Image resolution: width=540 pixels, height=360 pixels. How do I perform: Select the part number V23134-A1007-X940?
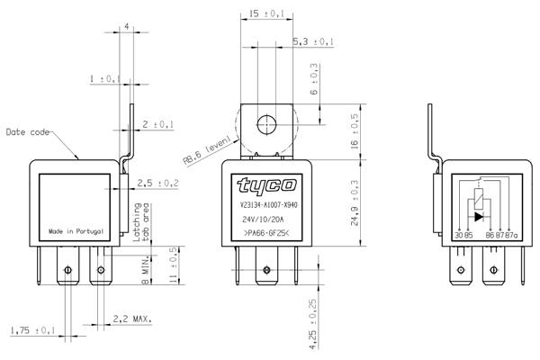tap(267, 204)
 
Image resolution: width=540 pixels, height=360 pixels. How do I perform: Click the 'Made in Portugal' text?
tap(76, 231)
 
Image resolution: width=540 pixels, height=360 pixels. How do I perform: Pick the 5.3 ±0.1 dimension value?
tap(314, 42)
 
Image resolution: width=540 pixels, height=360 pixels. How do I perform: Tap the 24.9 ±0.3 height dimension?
tap(355, 203)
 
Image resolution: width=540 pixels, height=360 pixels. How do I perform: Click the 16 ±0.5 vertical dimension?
tap(355, 131)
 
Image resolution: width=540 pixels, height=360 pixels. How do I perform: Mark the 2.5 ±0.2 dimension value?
tap(157, 184)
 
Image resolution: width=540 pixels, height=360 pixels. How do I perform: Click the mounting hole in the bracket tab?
tap(266, 123)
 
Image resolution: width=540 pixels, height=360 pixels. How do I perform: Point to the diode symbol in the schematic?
tap(479, 217)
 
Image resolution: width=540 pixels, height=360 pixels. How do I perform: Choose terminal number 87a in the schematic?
tap(514, 235)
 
